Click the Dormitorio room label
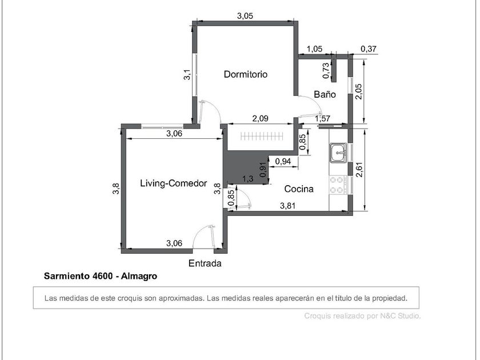(x=246, y=74)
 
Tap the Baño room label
(x=325, y=94)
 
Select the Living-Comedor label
(x=174, y=183)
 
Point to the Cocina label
(x=299, y=189)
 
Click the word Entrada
(x=205, y=263)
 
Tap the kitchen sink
(x=338, y=152)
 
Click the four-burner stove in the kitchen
(x=338, y=185)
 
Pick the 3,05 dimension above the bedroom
(x=245, y=16)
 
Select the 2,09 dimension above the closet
(x=260, y=118)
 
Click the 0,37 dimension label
(x=368, y=49)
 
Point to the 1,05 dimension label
(x=314, y=49)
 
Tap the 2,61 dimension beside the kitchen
(x=359, y=169)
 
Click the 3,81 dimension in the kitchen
(x=288, y=206)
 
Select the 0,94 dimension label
(x=283, y=161)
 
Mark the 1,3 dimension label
(x=248, y=179)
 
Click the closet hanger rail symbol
(x=262, y=136)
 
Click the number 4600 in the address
(x=102, y=276)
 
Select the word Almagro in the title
(x=139, y=277)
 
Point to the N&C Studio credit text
(x=401, y=316)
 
